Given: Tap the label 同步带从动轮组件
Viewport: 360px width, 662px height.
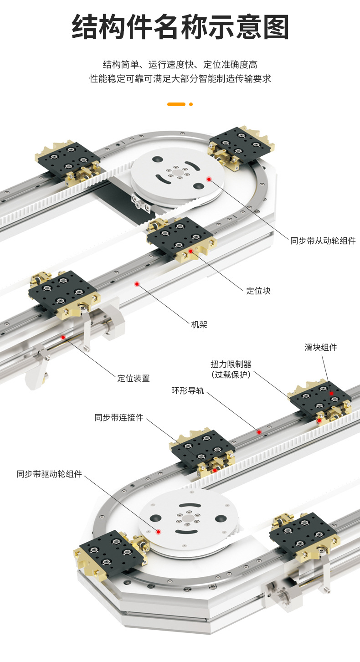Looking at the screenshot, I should click(x=323, y=241).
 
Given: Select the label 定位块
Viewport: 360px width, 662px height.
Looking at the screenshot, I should click(x=258, y=291).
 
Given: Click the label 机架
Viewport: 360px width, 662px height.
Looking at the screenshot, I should click(x=199, y=324).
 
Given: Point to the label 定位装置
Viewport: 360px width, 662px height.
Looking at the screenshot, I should click(x=134, y=378).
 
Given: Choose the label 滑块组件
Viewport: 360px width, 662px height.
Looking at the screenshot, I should click(x=321, y=348).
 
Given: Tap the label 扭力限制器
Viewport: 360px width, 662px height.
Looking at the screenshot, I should click(x=231, y=364).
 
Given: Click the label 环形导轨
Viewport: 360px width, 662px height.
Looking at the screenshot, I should click(x=187, y=390).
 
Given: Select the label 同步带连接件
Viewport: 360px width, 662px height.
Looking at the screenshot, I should click(x=119, y=417).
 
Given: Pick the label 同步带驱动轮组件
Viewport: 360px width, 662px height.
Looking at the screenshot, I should click(x=49, y=474).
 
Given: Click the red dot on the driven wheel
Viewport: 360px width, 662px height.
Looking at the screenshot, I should click(x=209, y=179).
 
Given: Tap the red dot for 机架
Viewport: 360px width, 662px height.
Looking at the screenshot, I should click(x=137, y=284).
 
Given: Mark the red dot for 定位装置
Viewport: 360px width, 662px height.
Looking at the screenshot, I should click(x=63, y=337).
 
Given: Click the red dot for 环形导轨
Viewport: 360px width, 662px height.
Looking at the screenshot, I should click(x=259, y=431).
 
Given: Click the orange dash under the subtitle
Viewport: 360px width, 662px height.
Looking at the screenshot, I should click(x=176, y=104).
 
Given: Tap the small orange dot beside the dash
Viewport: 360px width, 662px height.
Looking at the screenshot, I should click(x=191, y=104).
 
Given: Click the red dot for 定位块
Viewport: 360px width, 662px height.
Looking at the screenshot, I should click(x=190, y=251).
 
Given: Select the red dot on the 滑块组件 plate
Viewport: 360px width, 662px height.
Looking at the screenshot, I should click(x=332, y=393).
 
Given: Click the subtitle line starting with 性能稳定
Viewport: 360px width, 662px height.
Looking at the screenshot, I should click(x=180, y=79).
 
